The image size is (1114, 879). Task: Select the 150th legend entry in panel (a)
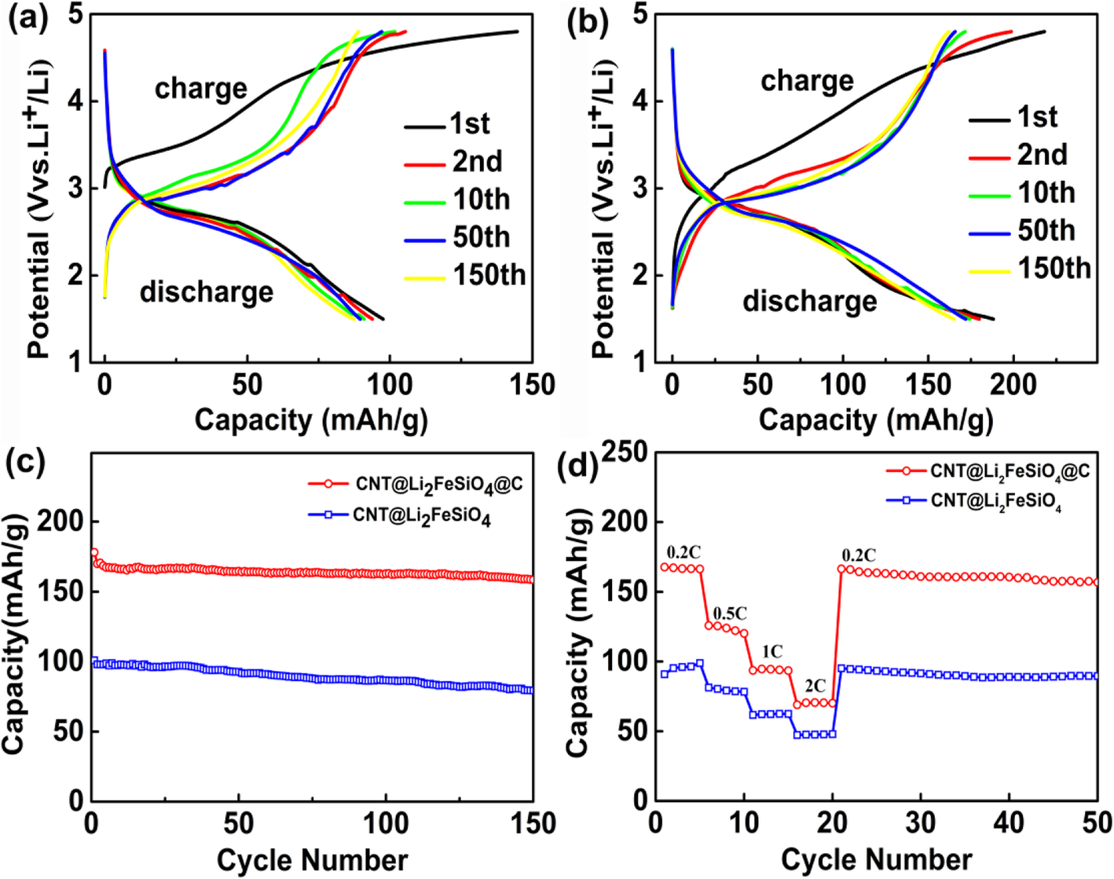pyautogui.click(x=488, y=276)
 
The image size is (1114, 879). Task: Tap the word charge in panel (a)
pyautogui.click(x=200, y=89)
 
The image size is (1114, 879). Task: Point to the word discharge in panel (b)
pyautogui.click(x=809, y=301)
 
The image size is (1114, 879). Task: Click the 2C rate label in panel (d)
pyautogui.click(x=815, y=686)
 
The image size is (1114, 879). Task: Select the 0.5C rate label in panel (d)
pyautogui.click(x=730, y=613)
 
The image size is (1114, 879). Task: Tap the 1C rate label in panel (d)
pyautogui.click(x=771, y=651)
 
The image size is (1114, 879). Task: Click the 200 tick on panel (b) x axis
pyautogui.click(x=1013, y=385)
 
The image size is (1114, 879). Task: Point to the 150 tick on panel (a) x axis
pyautogui.click(x=532, y=385)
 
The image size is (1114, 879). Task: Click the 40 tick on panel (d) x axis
pyautogui.click(x=1009, y=823)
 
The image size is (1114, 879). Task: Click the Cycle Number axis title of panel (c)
pyautogui.click(x=312, y=859)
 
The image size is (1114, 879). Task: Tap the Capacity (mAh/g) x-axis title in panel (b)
pyautogui.click(x=875, y=420)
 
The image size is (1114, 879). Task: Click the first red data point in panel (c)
pyautogui.click(x=94, y=553)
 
